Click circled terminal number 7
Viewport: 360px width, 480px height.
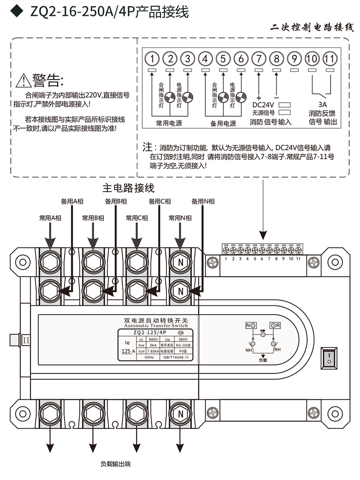[x=259, y=58]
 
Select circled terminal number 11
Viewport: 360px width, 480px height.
[x=329, y=58]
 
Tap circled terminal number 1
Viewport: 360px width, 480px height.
[x=152, y=58]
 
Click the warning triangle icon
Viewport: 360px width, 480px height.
[x=23, y=81]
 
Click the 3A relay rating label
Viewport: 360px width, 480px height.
[x=322, y=104]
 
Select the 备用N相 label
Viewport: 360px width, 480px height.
[x=203, y=201]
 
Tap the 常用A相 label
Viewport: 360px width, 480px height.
[x=50, y=218]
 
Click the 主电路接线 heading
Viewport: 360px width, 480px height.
[x=128, y=188]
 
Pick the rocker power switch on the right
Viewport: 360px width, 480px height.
[x=328, y=359]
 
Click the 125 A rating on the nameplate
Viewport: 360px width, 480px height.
[x=128, y=351]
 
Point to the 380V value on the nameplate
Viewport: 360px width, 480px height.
[x=183, y=339]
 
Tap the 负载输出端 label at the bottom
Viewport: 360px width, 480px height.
[x=115, y=464]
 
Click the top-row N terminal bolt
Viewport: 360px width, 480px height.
[x=180, y=262]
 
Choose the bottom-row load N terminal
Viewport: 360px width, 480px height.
[x=180, y=414]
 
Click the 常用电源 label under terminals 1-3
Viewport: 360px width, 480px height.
[x=169, y=123]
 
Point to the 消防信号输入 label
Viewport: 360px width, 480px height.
[x=270, y=122]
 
